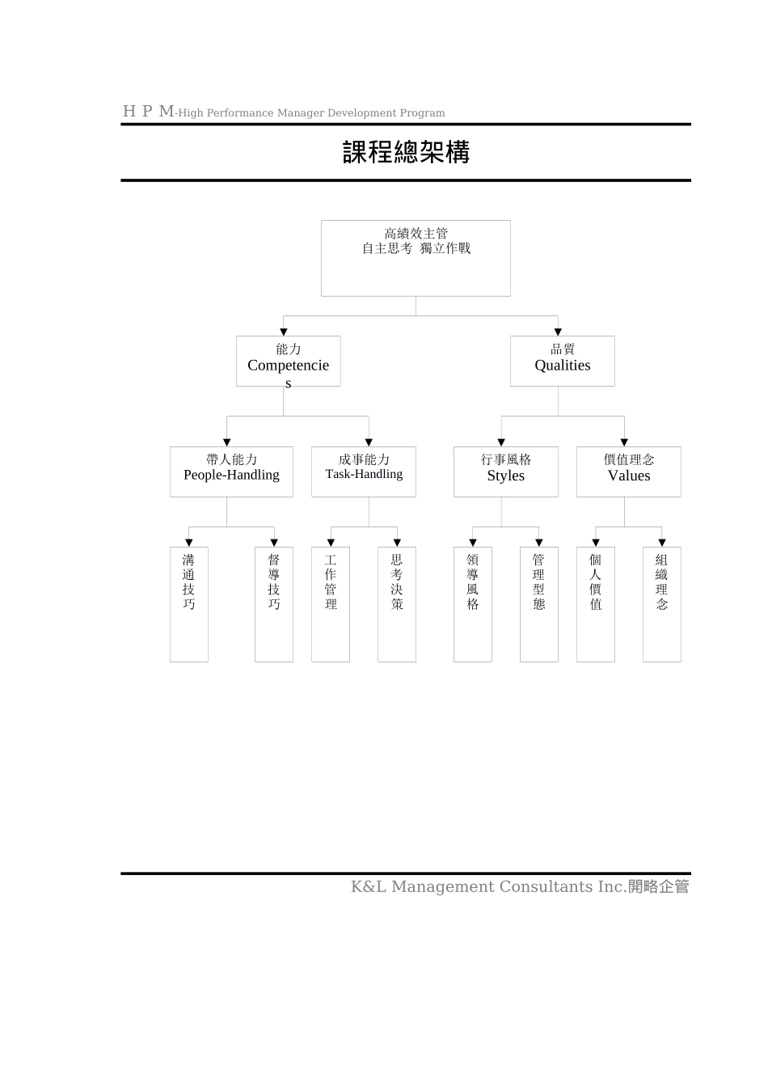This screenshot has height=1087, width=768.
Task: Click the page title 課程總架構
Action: (x=406, y=152)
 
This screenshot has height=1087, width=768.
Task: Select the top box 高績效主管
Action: (x=416, y=257)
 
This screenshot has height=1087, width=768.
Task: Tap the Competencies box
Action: (x=288, y=362)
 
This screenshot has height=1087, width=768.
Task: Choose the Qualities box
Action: (x=562, y=361)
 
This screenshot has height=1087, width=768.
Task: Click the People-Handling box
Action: (x=226, y=472)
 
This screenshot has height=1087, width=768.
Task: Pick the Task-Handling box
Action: (x=364, y=472)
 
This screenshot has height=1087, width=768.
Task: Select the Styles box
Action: (x=505, y=472)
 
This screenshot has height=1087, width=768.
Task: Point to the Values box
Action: (x=628, y=472)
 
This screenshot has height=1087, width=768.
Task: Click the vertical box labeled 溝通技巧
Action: (x=189, y=604)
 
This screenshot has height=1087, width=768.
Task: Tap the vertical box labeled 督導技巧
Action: (x=274, y=604)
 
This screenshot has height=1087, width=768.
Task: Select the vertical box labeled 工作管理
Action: (x=331, y=604)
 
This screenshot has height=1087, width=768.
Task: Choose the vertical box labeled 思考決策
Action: (x=397, y=604)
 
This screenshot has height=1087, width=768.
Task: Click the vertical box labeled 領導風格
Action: (x=473, y=604)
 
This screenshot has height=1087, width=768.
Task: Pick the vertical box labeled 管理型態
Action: (x=539, y=604)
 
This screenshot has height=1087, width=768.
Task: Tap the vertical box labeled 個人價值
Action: (x=596, y=604)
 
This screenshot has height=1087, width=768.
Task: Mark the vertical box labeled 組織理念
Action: (x=662, y=604)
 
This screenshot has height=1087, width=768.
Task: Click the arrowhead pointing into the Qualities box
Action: (x=558, y=332)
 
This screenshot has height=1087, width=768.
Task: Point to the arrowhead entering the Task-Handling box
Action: (x=369, y=442)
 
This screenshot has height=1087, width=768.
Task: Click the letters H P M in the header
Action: (x=148, y=112)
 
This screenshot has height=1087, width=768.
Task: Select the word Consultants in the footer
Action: (x=546, y=886)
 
